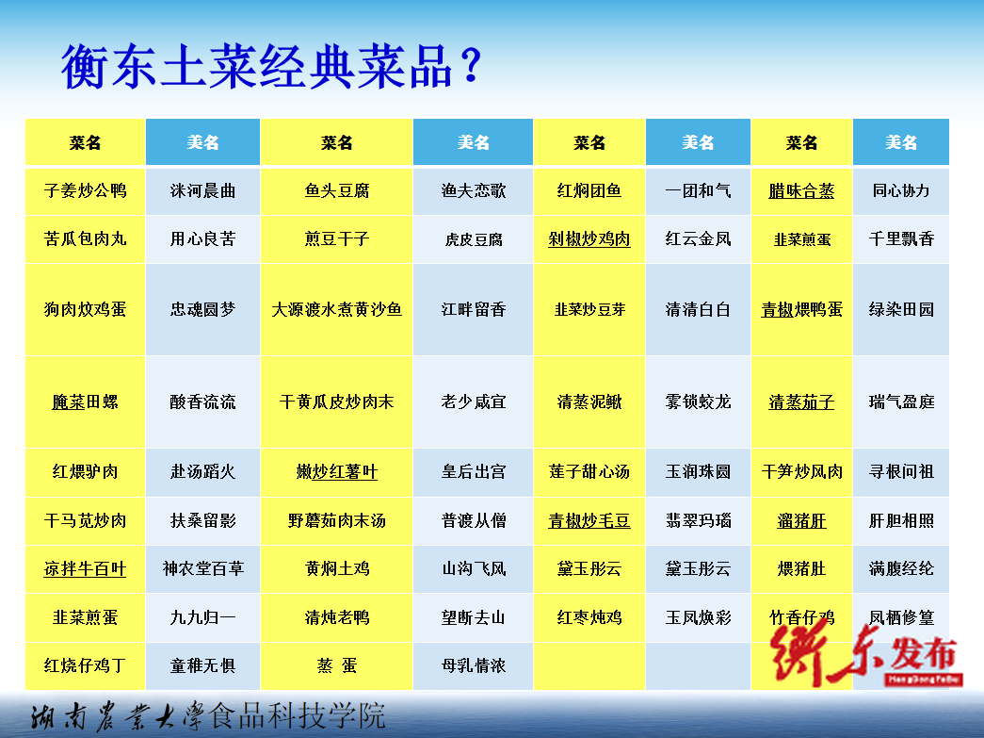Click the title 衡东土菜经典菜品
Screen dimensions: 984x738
coord(257,66)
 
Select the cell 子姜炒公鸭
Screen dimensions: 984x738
coord(86,190)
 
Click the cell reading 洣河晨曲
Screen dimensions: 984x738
coord(202,190)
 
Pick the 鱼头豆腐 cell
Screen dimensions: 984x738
coord(337,190)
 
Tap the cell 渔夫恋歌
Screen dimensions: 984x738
coord(474,190)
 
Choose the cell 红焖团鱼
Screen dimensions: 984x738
coord(589,190)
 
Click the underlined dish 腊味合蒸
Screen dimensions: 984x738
coord(801,190)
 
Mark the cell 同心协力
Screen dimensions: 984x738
coord(901,190)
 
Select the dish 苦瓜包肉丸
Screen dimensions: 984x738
coord(86,238)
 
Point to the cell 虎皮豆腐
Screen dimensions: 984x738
coord(474,239)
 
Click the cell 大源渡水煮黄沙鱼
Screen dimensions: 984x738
coord(337,309)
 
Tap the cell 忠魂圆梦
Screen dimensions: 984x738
coord(202,309)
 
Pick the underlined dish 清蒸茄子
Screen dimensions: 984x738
coord(801,402)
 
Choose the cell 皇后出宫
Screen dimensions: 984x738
coord(474,471)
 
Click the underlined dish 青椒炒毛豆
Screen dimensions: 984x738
coord(589,520)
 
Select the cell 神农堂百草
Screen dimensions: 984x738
coord(202,568)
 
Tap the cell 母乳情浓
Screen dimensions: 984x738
coord(474,665)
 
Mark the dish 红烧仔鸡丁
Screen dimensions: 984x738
coord(86,665)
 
